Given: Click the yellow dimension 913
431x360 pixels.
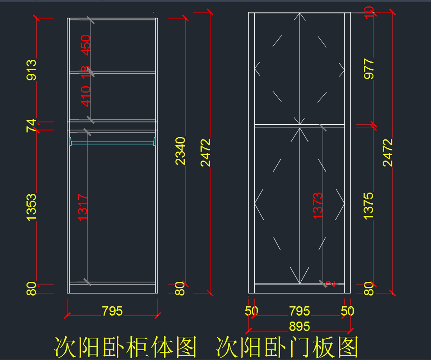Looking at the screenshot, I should click(32, 70).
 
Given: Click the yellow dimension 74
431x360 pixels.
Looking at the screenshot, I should click(32, 125).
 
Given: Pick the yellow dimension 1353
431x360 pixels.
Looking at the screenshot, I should click(32, 207).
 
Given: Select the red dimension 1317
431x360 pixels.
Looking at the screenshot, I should click(83, 207).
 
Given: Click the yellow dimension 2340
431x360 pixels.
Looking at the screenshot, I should click(180, 151).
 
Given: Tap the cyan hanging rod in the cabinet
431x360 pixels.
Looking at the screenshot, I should click(113, 143).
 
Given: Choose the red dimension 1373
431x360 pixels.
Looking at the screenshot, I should click(318, 206).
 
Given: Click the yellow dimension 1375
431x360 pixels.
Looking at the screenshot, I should click(369, 206).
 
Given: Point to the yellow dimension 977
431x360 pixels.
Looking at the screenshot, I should click(369, 69).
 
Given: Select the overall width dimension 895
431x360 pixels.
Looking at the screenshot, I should click(299, 326).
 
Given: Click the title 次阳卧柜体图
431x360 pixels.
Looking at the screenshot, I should click(126, 347).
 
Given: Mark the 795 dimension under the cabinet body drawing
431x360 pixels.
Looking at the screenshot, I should click(112, 311).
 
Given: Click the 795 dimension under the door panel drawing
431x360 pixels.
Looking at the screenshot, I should click(299, 311).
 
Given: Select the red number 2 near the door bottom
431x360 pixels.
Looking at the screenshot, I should click(332, 283).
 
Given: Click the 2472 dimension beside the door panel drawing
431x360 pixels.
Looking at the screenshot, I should click(388, 152).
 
